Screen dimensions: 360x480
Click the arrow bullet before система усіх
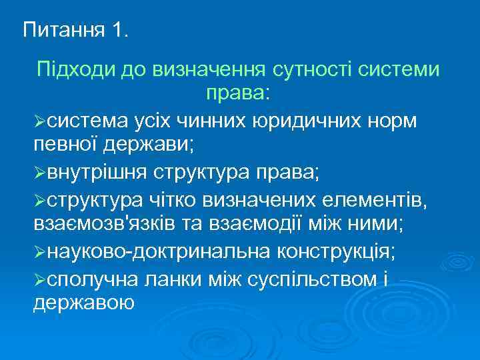click(40, 122)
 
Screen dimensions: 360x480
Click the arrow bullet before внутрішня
click(40, 175)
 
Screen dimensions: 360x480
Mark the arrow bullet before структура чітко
click(40, 202)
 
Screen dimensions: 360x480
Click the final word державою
click(83, 303)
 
